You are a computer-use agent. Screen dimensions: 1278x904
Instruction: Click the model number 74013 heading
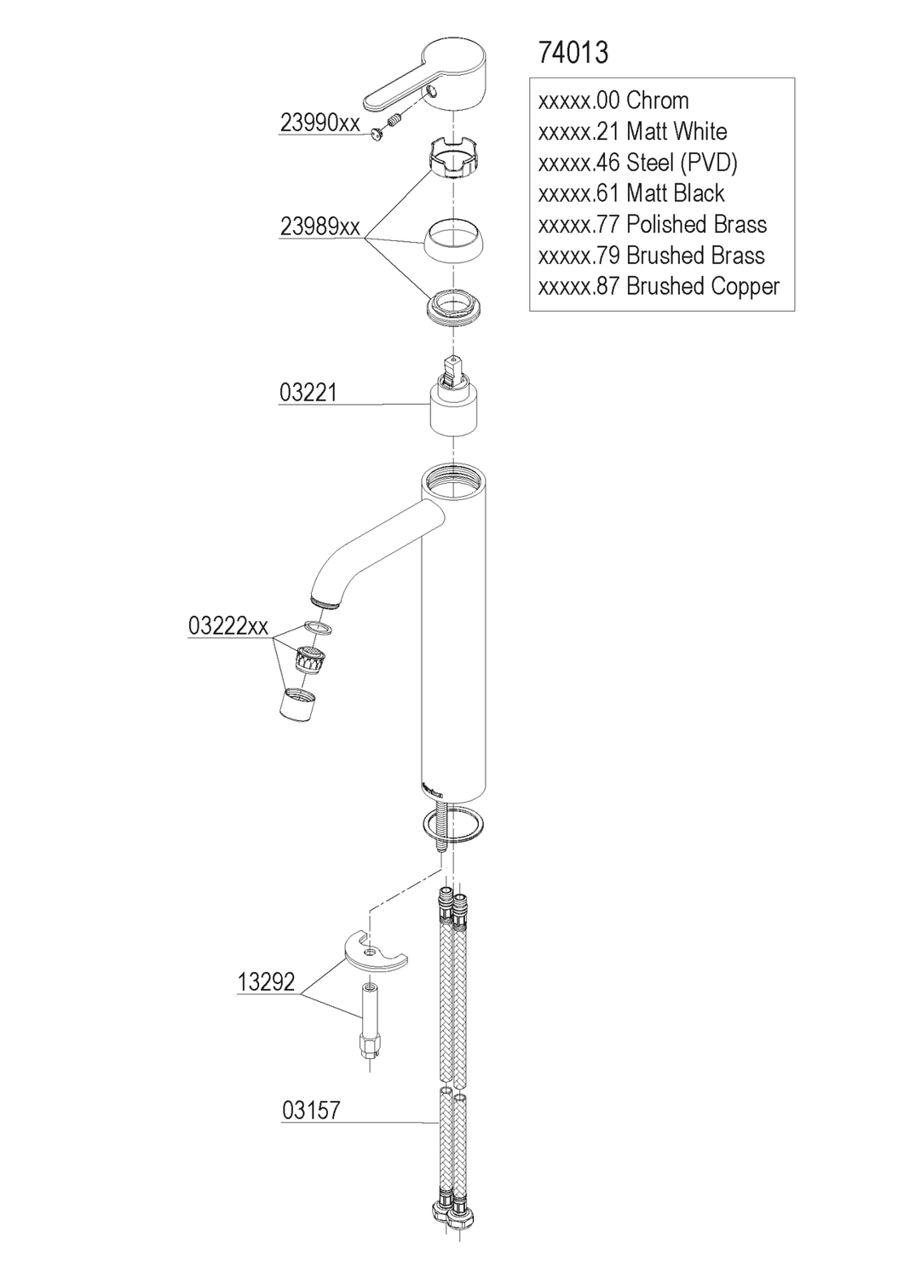(x=573, y=53)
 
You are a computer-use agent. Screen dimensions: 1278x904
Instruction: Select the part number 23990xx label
(x=320, y=124)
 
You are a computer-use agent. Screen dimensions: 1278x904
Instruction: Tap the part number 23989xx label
(x=320, y=227)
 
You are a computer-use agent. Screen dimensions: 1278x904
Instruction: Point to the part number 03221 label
(x=308, y=393)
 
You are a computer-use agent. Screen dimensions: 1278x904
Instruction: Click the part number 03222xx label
(x=228, y=627)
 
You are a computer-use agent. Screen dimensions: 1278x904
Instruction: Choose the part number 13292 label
(x=266, y=982)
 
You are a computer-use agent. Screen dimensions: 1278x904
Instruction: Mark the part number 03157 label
(x=311, y=1111)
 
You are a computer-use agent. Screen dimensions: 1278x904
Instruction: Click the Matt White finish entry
(x=633, y=132)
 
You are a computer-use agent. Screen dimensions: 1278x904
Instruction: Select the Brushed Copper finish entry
(x=659, y=287)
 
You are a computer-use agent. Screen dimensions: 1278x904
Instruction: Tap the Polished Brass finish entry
(x=653, y=225)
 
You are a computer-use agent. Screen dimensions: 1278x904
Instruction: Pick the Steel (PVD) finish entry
(x=638, y=163)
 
